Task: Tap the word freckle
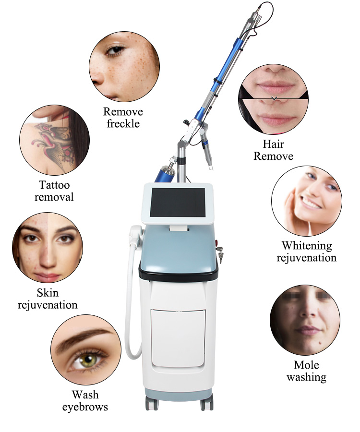coord(122,123)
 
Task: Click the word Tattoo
coord(54,185)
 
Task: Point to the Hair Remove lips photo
coord(273,99)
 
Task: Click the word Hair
coord(273,144)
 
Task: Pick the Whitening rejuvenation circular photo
coord(306,200)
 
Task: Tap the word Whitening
coord(306,246)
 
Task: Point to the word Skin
coord(48,293)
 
